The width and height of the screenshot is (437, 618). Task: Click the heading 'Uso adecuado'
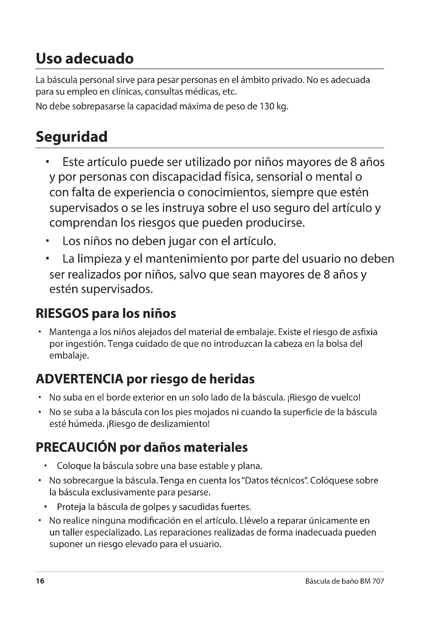coord(85,58)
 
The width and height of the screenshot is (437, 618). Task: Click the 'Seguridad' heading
coord(72,137)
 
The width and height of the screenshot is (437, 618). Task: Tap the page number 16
coord(40,581)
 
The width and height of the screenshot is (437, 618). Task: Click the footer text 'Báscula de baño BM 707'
coord(345,581)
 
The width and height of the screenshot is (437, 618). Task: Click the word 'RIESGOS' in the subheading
coord(62,314)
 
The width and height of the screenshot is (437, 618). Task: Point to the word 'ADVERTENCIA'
coord(79,379)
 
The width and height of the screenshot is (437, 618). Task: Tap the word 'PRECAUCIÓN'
coord(76,447)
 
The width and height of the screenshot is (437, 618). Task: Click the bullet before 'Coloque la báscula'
coord(45,465)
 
